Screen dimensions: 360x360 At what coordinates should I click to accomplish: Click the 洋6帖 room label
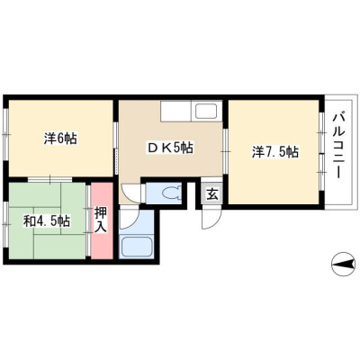60,139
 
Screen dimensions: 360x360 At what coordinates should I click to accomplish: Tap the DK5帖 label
169,148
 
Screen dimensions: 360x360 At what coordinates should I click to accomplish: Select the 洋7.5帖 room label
274,152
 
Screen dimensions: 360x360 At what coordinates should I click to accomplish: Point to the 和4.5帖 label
47,221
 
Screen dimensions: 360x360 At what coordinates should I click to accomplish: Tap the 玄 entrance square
212,194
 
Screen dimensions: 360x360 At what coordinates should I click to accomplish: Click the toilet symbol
172,193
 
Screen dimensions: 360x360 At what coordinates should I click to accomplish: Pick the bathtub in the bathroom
137,247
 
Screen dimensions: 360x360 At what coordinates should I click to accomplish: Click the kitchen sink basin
206,112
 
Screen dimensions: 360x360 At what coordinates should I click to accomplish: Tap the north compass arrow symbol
343,264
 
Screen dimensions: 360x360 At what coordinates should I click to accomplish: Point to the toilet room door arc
132,194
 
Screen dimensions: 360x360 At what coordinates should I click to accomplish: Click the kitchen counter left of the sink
175,111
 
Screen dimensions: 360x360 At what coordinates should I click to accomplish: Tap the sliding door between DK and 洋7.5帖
226,152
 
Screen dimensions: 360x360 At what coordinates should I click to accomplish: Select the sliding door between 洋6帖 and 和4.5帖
50,179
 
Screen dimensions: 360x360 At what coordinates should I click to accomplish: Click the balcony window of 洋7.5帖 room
321,152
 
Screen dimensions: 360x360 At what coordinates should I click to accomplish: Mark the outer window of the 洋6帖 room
5,134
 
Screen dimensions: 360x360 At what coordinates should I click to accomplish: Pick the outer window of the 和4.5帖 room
5,223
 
